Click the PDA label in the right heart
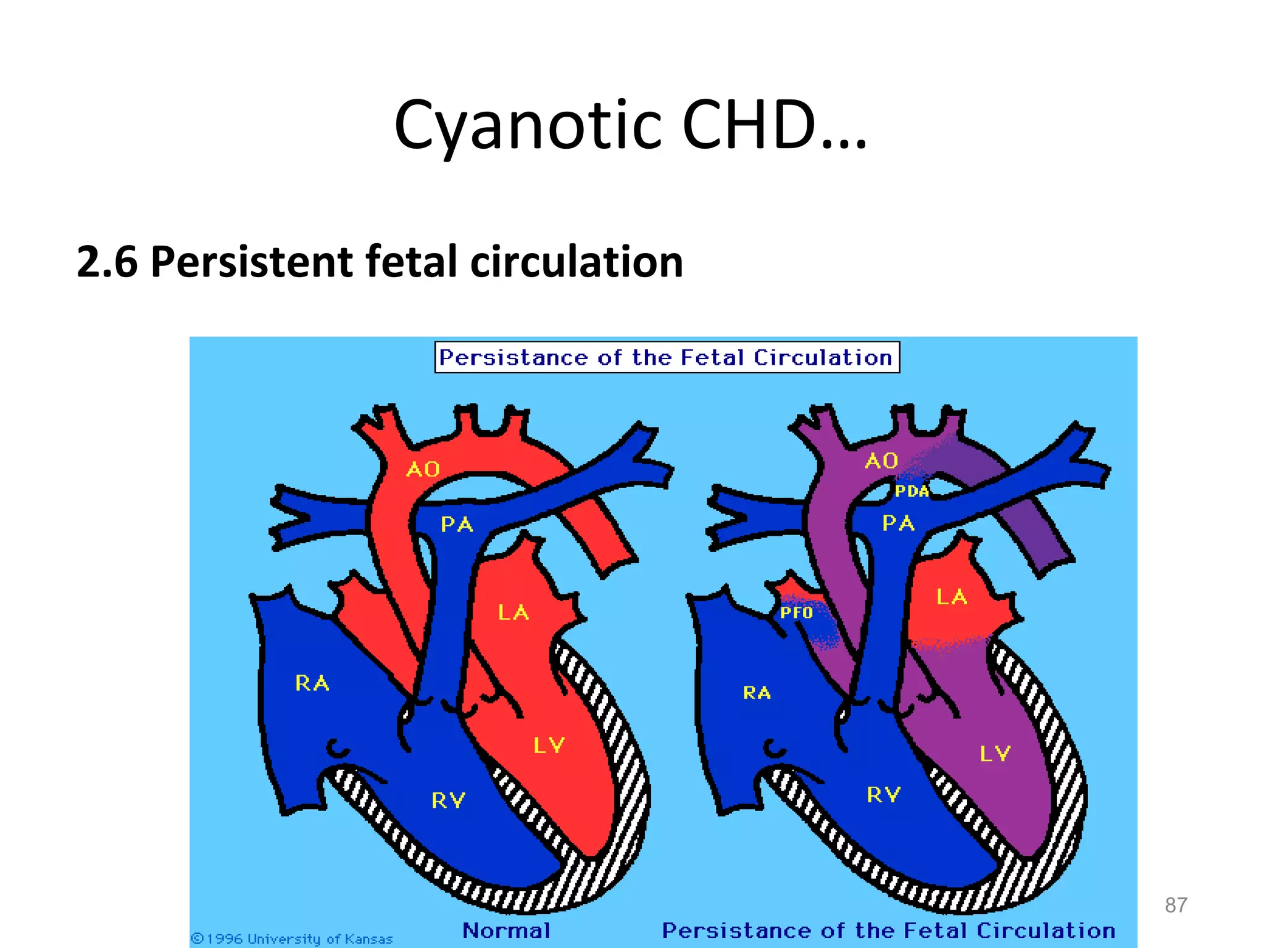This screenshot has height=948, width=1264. pyautogui.click(x=912, y=491)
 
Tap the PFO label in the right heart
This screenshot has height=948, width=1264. pyautogui.click(x=796, y=613)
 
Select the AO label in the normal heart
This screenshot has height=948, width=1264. pyautogui.click(x=423, y=470)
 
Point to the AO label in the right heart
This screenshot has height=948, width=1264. pyautogui.click(x=881, y=461)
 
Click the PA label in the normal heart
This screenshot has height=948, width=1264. pyautogui.click(x=457, y=525)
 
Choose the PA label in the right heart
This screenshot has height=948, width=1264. pyautogui.click(x=898, y=523)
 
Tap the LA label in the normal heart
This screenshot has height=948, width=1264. pyautogui.click(x=513, y=613)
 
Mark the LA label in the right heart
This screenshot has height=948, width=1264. pyautogui.click(x=952, y=597)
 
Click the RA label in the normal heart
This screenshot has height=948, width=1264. pyautogui.click(x=312, y=683)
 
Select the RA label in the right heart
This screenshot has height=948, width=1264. pyautogui.click(x=757, y=693)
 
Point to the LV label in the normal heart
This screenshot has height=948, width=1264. pyautogui.click(x=549, y=746)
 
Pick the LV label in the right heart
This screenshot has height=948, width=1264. pyautogui.click(x=995, y=754)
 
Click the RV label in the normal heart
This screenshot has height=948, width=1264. pyautogui.click(x=448, y=800)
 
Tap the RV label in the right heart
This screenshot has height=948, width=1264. pyautogui.click(x=884, y=795)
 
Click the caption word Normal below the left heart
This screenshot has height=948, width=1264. pyautogui.click(x=506, y=930)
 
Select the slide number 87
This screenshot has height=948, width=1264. pyautogui.click(x=1176, y=905)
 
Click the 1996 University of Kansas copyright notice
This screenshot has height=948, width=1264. pyautogui.click(x=292, y=939)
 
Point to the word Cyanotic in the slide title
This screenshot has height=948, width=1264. pyautogui.click(x=528, y=126)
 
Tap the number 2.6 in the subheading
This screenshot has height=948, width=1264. pyautogui.click(x=106, y=262)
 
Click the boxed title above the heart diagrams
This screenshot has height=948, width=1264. pyautogui.click(x=667, y=357)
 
